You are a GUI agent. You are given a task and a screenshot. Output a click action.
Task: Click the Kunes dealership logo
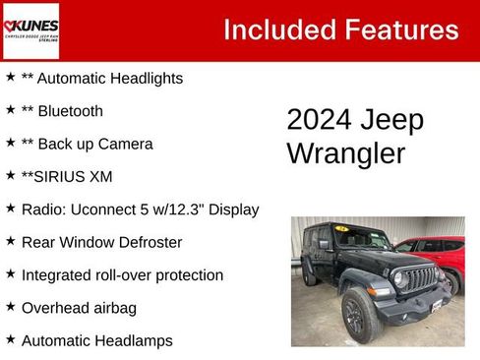point(31,30)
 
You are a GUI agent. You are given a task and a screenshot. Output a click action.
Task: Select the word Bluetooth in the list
point(70,111)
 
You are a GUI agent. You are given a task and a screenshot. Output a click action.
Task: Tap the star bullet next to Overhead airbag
point(10,308)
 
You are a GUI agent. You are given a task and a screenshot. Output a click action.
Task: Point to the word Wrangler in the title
point(332,153)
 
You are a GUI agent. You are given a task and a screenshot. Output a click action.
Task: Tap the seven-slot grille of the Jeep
point(419,279)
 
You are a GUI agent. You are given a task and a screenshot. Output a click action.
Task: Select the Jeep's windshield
point(362,240)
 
